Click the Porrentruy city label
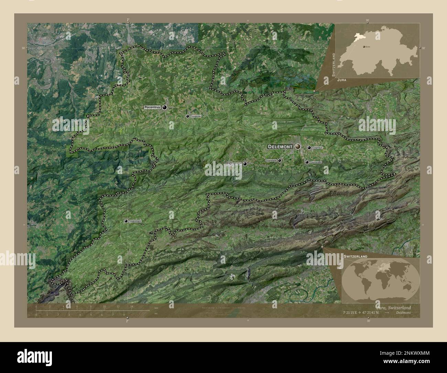[153, 107]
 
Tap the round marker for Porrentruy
[165, 107]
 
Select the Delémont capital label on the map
[280, 147]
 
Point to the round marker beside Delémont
[297, 147]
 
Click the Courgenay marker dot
[187, 116]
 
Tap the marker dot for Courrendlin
[307, 162]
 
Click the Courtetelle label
[271, 160]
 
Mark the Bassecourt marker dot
[245, 164]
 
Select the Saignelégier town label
[135, 221]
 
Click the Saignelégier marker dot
[126, 221]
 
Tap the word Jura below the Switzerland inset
[342, 79]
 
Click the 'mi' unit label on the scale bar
[156, 314]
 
